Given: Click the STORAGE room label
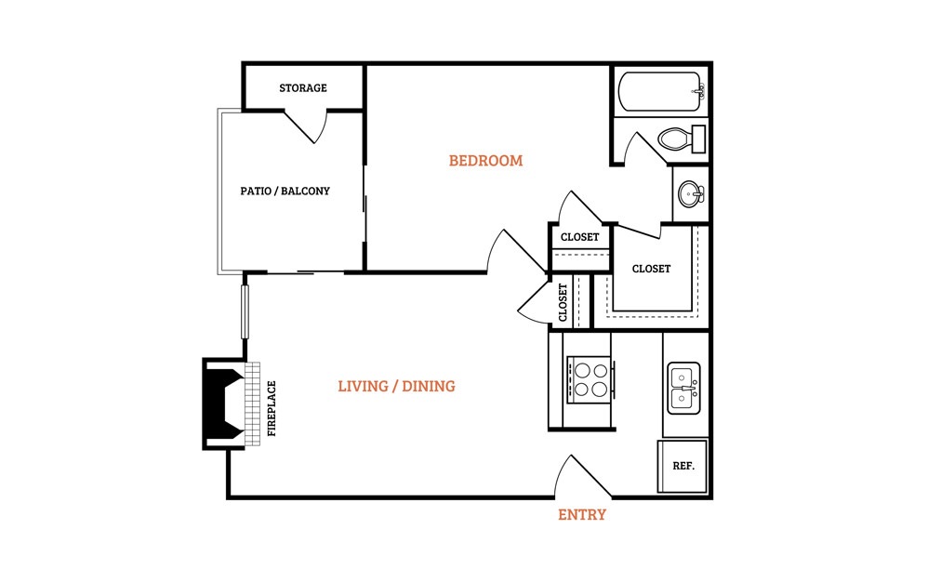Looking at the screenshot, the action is tap(303, 88).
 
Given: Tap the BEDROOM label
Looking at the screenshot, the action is tap(485, 161).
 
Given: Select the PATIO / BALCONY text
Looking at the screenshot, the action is tap(285, 191).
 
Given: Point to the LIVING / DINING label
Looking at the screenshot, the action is tap(396, 386).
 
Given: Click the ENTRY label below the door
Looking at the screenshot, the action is tap(582, 514).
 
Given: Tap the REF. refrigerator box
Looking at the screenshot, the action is tap(683, 466).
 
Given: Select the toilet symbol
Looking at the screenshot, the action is tap(682, 139).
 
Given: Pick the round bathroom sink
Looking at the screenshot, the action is tap(691, 193).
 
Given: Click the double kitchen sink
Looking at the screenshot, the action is tap(683, 388).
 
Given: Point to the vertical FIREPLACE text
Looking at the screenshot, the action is tap(272, 409).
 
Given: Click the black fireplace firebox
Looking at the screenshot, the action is tap(224, 403).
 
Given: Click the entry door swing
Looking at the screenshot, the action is tap(582, 476).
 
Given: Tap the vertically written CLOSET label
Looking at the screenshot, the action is tap(563, 302).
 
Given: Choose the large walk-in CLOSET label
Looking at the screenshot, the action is tap(651, 269).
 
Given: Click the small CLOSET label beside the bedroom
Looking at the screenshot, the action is tap(579, 237).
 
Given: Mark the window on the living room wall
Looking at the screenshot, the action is tap(245, 311).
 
